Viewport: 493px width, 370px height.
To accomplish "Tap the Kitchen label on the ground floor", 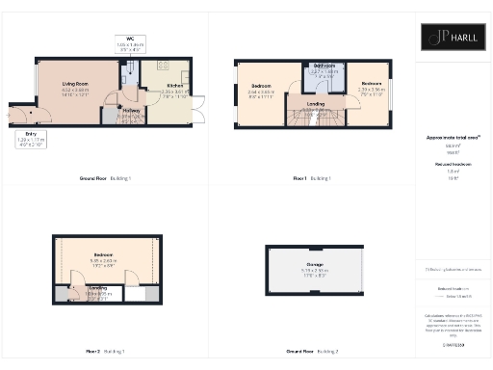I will (149, 88).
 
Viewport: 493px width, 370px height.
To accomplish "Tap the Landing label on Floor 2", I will (98, 290).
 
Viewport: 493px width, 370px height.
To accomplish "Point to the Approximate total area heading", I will (452, 139).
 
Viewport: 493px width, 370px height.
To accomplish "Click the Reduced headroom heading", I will (452, 166).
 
